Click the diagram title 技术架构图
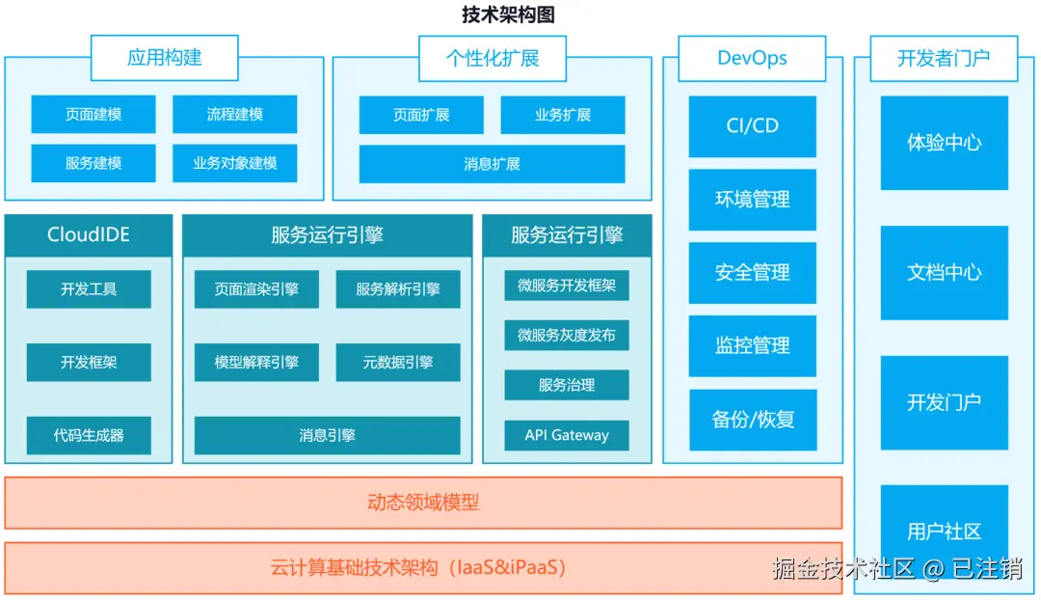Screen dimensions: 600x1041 [x=508, y=14]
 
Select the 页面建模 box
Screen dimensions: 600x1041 [x=93, y=114]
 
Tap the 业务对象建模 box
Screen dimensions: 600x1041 [x=234, y=163]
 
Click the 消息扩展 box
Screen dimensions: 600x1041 [x=492, y=164]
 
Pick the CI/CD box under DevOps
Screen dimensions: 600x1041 [x=752, y=126]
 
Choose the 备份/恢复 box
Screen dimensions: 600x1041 [x=752, y=420]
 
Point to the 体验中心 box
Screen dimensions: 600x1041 [x=944, y=143]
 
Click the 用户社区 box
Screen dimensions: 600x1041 [x=944, y=531]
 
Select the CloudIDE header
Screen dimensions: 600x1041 [x=88, y=234]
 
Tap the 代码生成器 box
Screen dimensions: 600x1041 [x=89, y=435]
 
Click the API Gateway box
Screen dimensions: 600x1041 [x=567, y=435]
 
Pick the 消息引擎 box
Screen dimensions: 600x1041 [x=327, y=435]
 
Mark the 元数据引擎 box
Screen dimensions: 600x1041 [x=397, y=363]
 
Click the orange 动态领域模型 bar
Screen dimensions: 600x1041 [x=423, y=503]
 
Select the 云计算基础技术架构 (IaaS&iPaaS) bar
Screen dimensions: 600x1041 [x=423, y=568]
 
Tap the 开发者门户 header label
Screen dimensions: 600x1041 [x=943, y=58]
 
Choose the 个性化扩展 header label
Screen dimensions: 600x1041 [x=492, y=58]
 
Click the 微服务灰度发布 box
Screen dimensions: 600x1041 [x=567, y=335]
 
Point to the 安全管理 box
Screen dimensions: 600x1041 [x=752, y=273]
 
